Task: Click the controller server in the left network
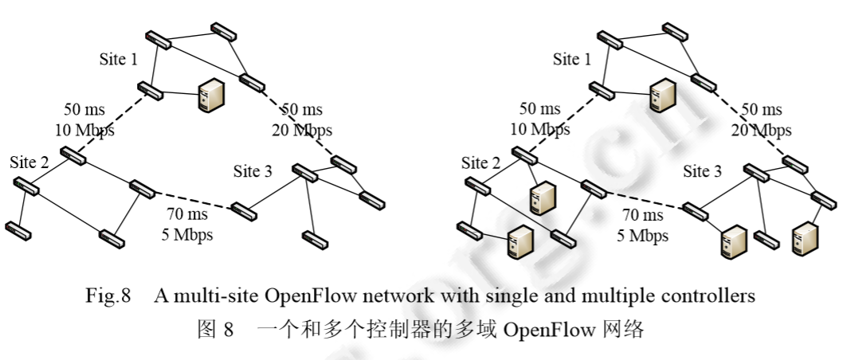click(209, 96)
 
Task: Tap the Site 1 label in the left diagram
click(120, 60)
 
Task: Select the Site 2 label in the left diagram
click(29, 162)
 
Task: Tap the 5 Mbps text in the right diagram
click(641, 236)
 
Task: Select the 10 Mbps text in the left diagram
click(84, 130)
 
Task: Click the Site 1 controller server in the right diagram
click(663, 96)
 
